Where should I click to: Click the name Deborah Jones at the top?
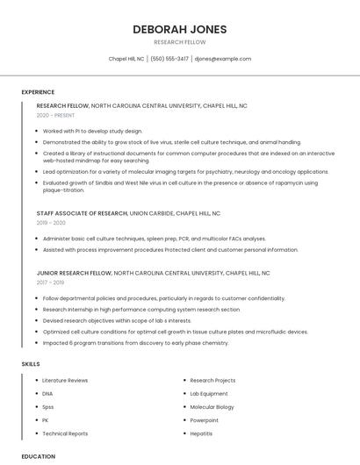click(x=180, y=29)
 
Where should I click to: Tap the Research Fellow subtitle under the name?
click(x=180, y=42)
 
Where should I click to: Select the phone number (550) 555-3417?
click(x=169, y=59)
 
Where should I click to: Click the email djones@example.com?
click(x=223, y=59)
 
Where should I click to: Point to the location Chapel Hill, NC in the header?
click(x=126, y=59)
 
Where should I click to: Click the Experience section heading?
click(x=38, y=91)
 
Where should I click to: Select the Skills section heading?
click(x=31, y=363)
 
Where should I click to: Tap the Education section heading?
click(x=39, y=456)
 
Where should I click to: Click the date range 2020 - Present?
click(x=55, y=115)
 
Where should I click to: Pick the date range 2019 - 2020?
click(x=51, y=223)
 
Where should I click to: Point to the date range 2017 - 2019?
click(x=50, y=283)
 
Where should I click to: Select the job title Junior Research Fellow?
click(x=74, y=273)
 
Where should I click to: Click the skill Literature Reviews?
click(x=65, y=381)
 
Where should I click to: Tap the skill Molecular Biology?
click(x=212, y=407)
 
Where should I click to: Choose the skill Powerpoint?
click(x=204, y=420)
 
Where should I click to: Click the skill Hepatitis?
click(x=201, y=433)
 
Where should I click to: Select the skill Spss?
click(x=48, y=407)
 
